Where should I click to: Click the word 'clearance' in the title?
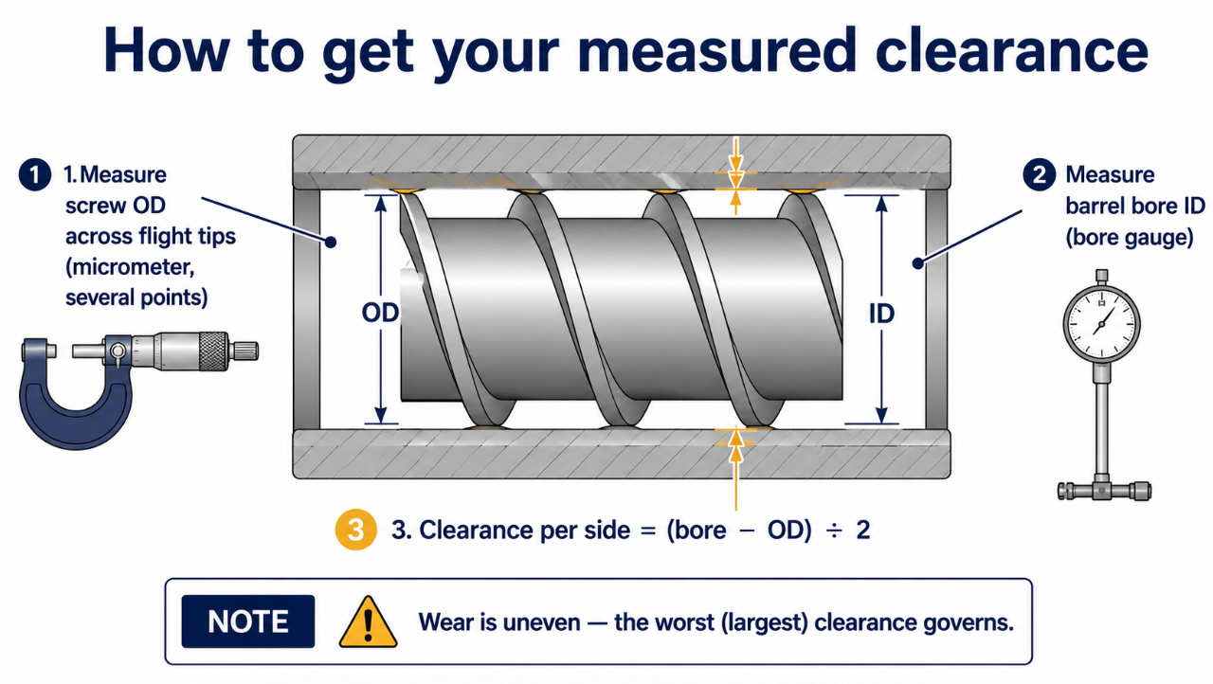1011,50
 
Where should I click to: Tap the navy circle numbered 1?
35,174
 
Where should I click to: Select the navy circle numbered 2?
1040,174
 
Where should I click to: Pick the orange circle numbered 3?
355,530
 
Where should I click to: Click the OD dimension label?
380,313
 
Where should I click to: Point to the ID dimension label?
881,314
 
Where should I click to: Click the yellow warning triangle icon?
369,622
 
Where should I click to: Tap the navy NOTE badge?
248,621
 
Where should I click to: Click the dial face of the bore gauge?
1101,325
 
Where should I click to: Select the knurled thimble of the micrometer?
213,351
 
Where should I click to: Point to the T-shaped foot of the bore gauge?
1104,491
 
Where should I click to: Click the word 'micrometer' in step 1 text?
130,267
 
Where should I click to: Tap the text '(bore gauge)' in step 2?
1130,238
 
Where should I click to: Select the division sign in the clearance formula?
833,531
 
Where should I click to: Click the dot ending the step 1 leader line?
331,242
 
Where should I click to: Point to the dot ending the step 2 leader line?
917,263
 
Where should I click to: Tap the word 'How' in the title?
167,50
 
